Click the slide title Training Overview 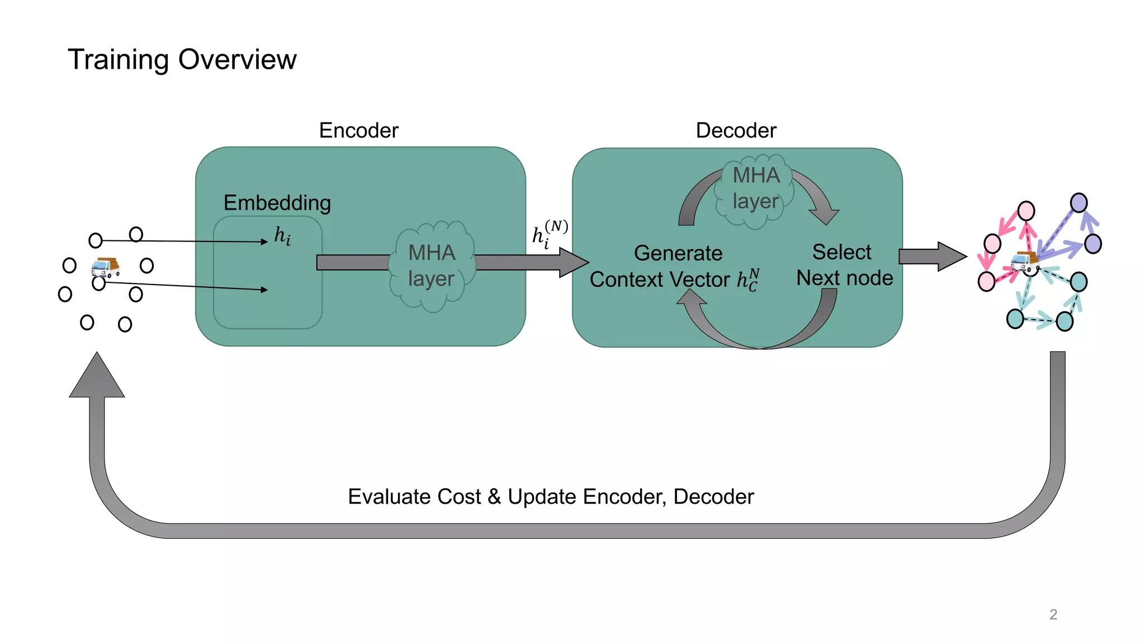click(x=182, y=59)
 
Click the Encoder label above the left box click(x=358, y=130)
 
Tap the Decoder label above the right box click(x=736, y=130)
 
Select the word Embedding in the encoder click(x=277, y=202)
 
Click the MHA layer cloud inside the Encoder click(x=432, y=266)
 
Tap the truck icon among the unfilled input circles click(x=105, y=267)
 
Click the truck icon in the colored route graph click(x=1024, y=261)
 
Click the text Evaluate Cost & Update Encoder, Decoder click(x=551, y=496)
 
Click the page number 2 click(x=1053, y=614)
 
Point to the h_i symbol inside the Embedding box click(x=282, y=236)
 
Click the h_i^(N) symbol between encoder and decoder click(x=549, y=234)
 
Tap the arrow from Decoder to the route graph click(x=932, y=257)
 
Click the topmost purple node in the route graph click(x=1078, y=202)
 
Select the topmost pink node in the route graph click(x=1026, y=211)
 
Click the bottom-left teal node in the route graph click(x=1015, y=319)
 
